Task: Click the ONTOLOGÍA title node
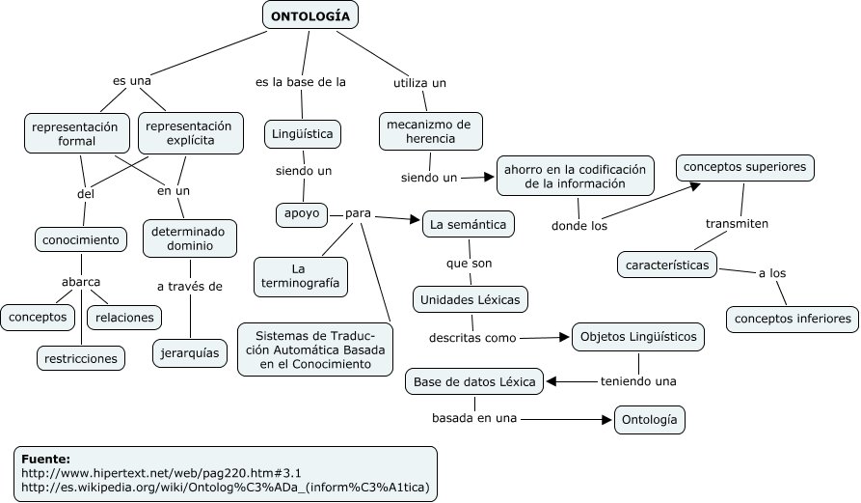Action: click(x=310, y=15)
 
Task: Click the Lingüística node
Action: click(x=303, y=133)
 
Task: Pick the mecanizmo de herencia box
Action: click(x=429, y=132)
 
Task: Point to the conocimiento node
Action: click(x=82, y=238)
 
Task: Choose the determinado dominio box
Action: click(x=190, y=239)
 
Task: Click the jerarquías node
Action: click(x=191, y=353)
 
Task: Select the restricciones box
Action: click(x=82, y=358)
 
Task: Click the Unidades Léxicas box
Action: click(x=471, y=300)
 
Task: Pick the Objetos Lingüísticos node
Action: click(x=638, y=338)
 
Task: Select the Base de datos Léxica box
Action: click(x=473, y=382)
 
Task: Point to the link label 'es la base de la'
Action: click(x=301, y=83)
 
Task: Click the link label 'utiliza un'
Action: click(x=419, y=83)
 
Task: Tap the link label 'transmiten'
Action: click(x=737, y=223)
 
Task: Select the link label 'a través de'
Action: click(x=190, y=286)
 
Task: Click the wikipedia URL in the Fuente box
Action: click(x=225, y=488)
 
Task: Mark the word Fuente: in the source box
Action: click(x=46, y=459)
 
